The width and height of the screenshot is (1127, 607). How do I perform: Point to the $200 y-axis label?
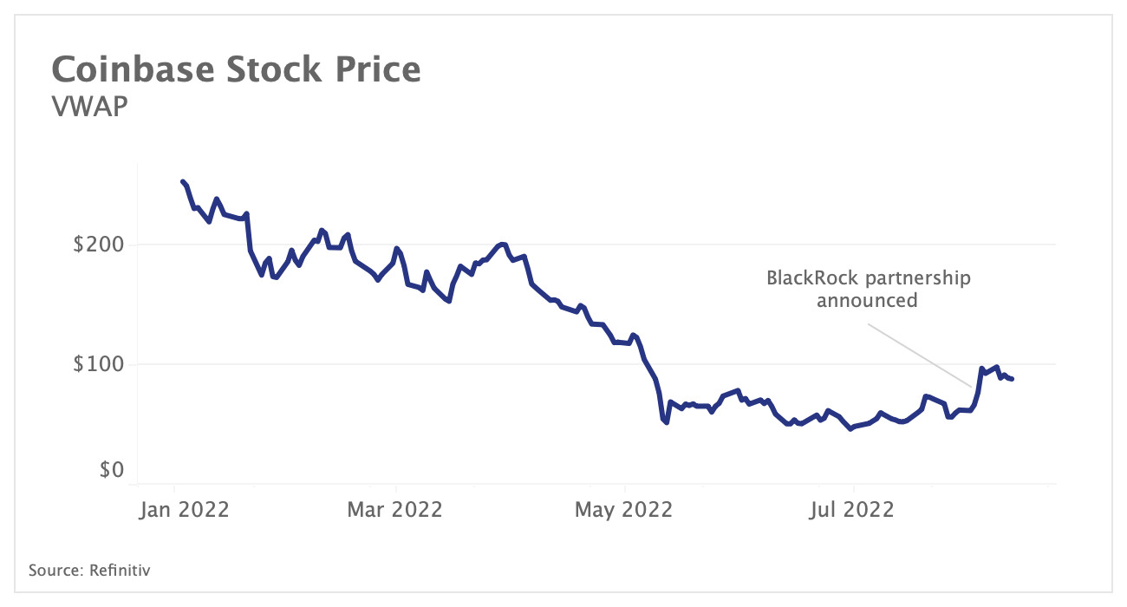pyautogui.click(x=98, y=245)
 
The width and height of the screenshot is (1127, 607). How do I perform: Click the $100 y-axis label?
pyautogui.click(x=98, y=364)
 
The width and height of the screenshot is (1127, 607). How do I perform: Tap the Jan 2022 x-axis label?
pyautogui.click(x=184, y=509)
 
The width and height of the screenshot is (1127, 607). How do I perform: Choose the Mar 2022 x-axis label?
pyautogui.click(x=394, y=509)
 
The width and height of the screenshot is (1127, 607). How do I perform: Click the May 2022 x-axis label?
pyautogui.click(x=624, y=509)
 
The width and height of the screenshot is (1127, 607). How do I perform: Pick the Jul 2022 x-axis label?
pyautogui.click(x=852, y=509)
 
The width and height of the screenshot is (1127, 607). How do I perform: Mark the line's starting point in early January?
pyautogui.click(x=182, y=181)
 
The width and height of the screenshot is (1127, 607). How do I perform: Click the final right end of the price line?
pyautogui.click(x=1012, y=379)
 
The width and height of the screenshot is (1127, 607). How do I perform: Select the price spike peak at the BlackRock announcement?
pyautogui.click(x=981, y=369)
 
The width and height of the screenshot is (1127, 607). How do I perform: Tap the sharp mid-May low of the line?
pyautogui.click(x=666, y=422)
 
